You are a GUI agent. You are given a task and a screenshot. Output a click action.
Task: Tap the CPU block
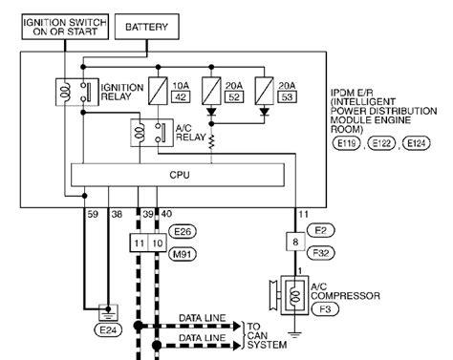click(x=180, y=175)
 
